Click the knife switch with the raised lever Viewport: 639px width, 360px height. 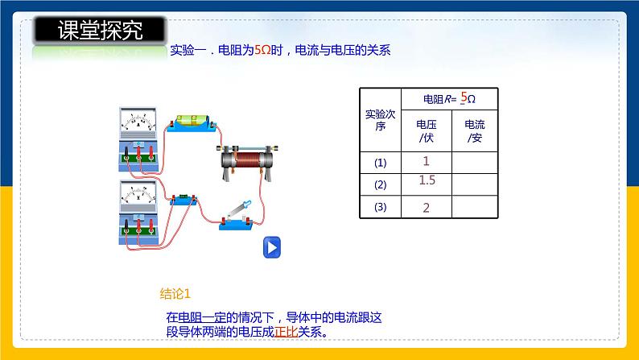coord(240,215)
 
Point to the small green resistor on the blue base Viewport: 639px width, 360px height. coord(183,197)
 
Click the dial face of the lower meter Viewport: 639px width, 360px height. coord(139,193)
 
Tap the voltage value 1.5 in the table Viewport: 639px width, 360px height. coord(427,181)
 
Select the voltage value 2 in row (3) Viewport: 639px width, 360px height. coord(427,209)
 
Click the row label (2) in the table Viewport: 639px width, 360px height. coord(381,184)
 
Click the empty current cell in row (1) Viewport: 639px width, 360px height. coord(475,162)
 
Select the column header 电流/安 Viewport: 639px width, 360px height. coord(475,130)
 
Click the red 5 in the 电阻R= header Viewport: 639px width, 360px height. coord(464,97)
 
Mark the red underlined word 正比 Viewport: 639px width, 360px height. coord(287,331)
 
